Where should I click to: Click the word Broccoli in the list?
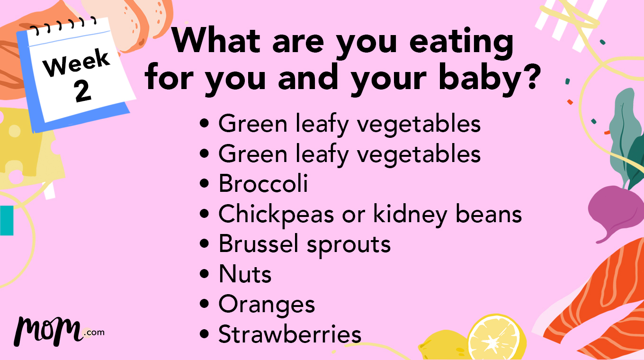point(263,184)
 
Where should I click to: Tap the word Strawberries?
point(289,335)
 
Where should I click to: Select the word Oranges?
point(267,305)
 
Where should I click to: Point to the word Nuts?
point(245,275)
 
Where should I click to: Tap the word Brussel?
point(259,244)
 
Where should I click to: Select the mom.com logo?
point(59,330)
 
